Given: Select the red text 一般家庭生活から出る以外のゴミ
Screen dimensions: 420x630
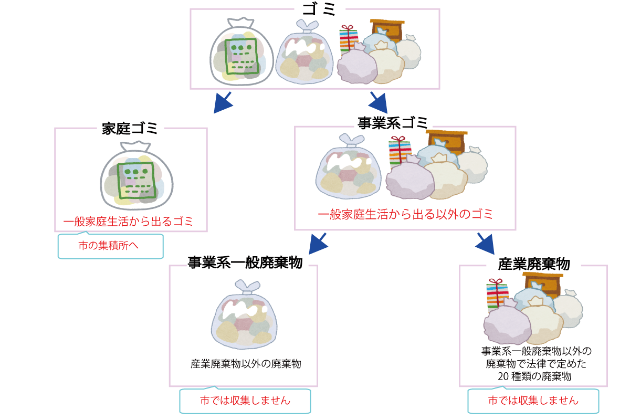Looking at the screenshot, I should pos(405,215).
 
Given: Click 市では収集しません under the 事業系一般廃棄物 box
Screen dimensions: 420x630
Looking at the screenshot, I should pos(245,401).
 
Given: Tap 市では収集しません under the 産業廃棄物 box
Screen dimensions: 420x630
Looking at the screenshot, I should pos(533,401).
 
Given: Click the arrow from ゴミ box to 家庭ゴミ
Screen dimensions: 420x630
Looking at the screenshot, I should pos(223,102).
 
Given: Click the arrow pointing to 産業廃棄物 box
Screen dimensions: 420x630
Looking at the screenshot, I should pos(486,244).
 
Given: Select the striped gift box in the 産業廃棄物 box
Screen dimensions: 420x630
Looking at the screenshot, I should pos(496,293).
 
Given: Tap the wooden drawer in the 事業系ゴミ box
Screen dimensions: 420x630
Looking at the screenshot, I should pos(447,141).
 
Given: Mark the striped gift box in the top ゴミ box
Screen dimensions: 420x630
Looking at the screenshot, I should pos(348,39).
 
